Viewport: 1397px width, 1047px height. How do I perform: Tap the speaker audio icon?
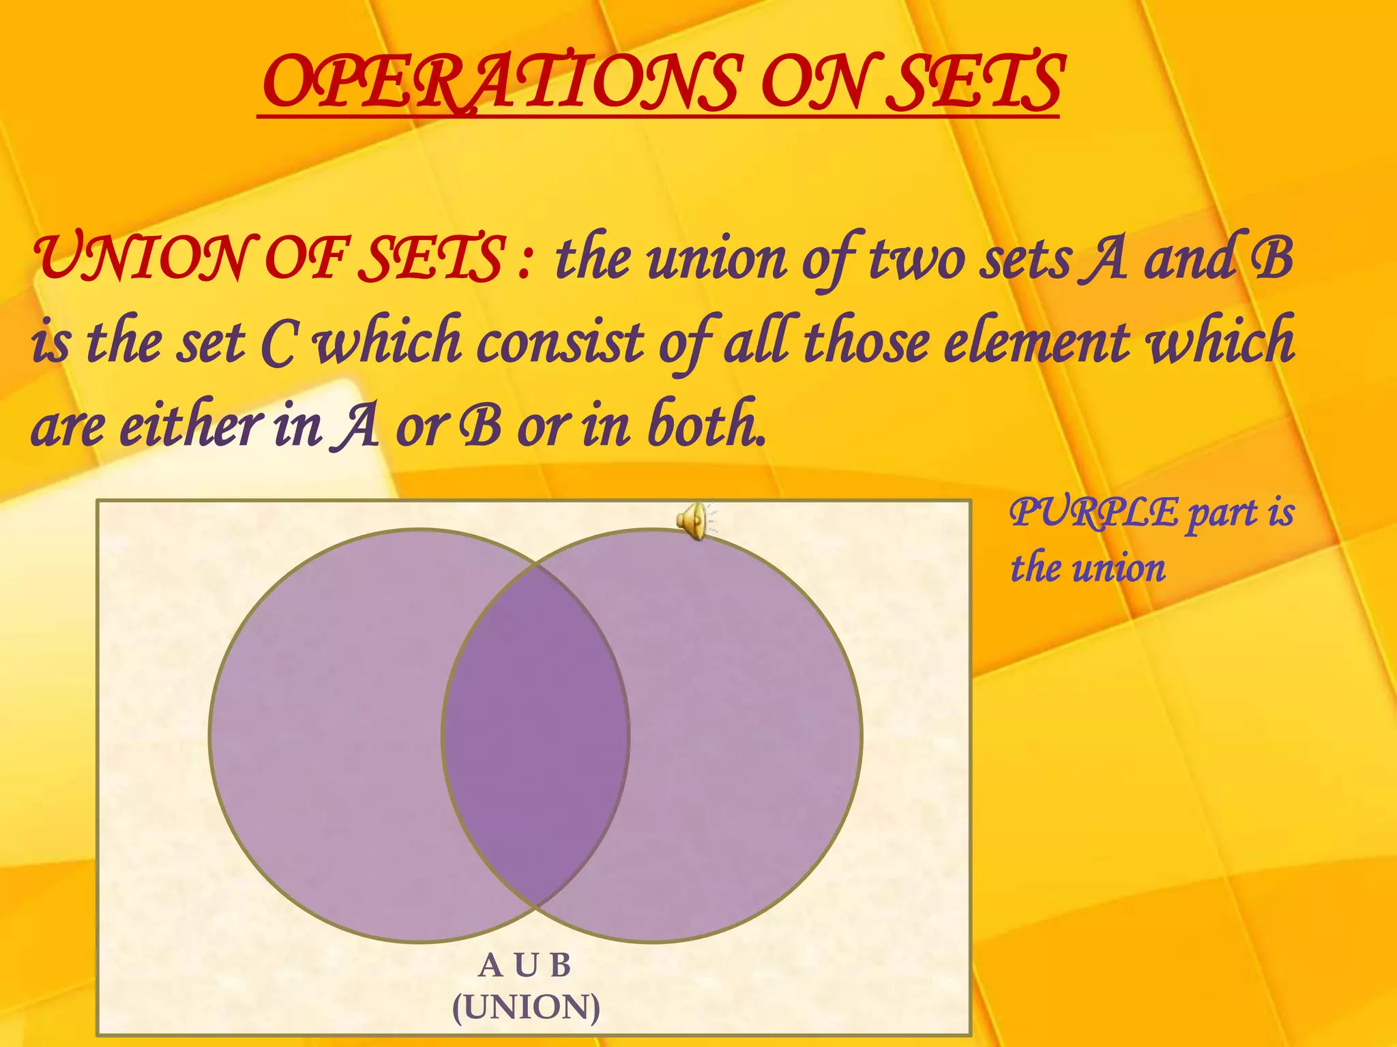point(693,521)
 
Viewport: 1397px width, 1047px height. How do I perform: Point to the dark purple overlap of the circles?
point(535,736)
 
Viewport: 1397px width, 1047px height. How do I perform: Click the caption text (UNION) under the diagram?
point(526,1007)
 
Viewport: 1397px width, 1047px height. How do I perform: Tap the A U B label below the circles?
point(525,965)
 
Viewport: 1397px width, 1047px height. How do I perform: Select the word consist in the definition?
point(560,341)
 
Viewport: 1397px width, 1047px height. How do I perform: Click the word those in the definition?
point(866,341)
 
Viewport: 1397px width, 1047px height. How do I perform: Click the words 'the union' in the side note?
point(1087,568)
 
